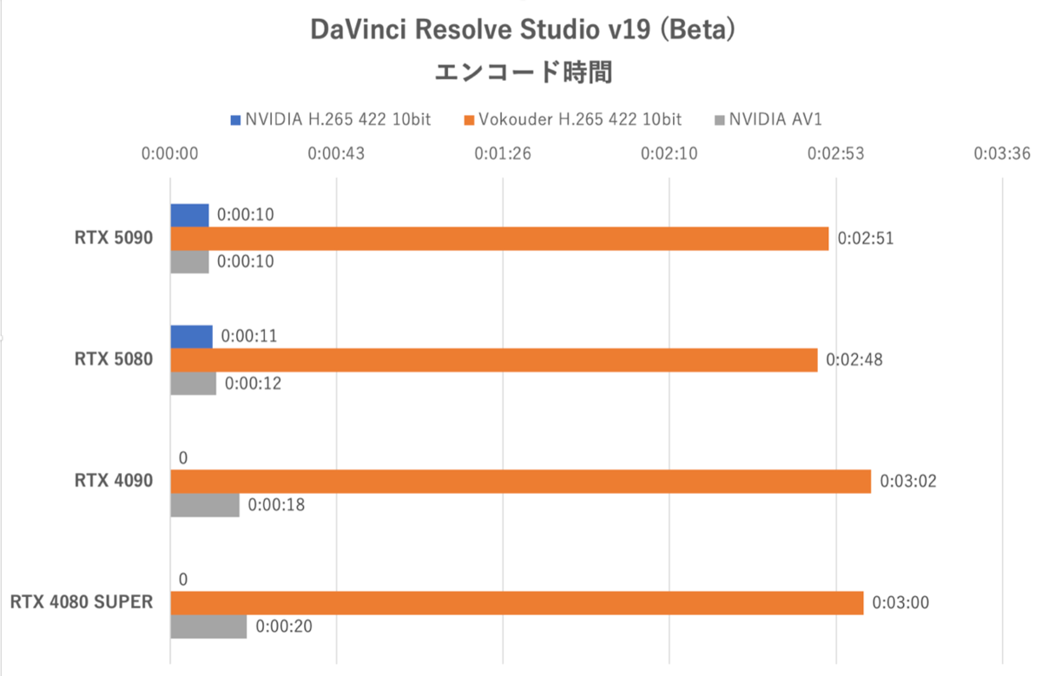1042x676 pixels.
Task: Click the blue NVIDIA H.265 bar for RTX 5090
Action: click(189, 215)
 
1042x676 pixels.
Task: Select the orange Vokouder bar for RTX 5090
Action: click(499, 239)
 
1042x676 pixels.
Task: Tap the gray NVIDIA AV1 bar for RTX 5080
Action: click(193, 384)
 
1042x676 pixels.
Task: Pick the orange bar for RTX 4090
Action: click(520, 482)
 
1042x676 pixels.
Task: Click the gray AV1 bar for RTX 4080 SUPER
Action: click(208, 627)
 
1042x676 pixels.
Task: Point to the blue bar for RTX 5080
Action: click(191, 337)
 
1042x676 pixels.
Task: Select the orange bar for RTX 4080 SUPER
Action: click(517, 603)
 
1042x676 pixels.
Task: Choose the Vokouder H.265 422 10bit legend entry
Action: click(572, 119)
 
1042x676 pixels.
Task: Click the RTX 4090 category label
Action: click(114, 481)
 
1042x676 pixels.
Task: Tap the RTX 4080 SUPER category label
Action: click(82, 602)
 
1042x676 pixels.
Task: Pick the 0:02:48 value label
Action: click(854, 359)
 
